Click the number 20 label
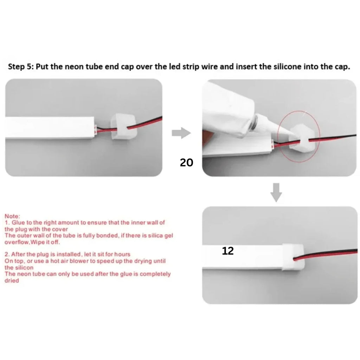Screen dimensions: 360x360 coord(186,162)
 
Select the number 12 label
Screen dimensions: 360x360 coord(228,251)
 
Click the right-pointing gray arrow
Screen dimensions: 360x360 coord(181,133)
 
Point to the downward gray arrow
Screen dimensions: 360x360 coord(277,192)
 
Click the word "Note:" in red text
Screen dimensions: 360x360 coord(13,216)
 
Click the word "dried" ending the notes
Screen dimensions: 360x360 coord(12,281)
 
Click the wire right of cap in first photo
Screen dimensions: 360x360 coord(148,123)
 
